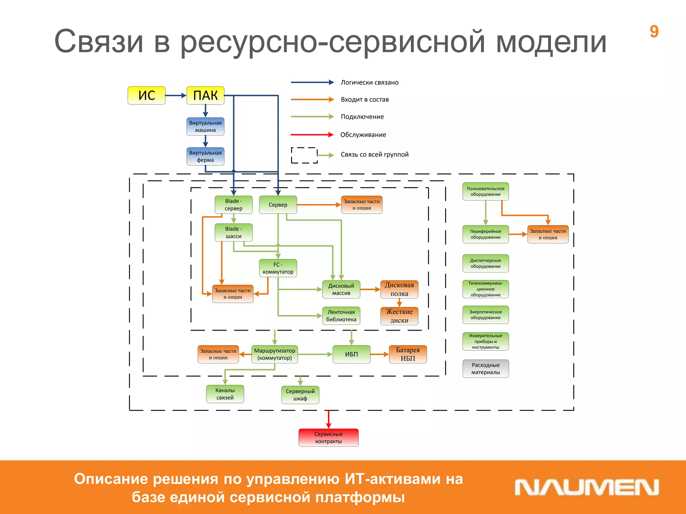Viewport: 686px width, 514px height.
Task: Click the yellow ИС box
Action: click(146, 95)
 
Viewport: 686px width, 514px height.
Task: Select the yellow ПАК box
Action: click(205, 95)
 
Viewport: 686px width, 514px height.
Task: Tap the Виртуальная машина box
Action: click(205, 126)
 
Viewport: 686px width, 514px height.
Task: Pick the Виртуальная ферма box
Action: click(205, 156)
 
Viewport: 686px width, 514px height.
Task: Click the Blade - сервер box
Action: click(233, 205)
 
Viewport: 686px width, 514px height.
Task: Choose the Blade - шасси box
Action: click(233, 233)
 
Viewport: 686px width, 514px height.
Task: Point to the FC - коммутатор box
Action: click(278, 268)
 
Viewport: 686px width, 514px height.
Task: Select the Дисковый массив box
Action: click(341, 289)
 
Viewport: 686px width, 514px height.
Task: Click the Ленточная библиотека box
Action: click(341, 316)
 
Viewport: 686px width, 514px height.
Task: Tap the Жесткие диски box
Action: click(399, 316)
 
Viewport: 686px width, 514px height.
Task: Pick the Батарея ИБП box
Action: click(408, 354)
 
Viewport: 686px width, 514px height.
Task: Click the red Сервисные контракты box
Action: click(328, 438)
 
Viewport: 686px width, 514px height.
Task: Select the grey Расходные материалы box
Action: click(485, 368)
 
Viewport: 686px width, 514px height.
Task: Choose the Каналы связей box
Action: click(225, 394)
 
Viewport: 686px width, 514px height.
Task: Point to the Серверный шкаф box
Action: click(300, 395)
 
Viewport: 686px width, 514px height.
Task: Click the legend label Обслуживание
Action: click(363, 135)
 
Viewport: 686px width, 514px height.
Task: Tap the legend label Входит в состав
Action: click(365, 99)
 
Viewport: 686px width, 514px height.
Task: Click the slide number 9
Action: click(654, 31)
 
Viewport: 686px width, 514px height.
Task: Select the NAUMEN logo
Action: click(587, 487)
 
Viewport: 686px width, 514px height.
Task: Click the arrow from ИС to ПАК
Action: click(176, 95)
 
